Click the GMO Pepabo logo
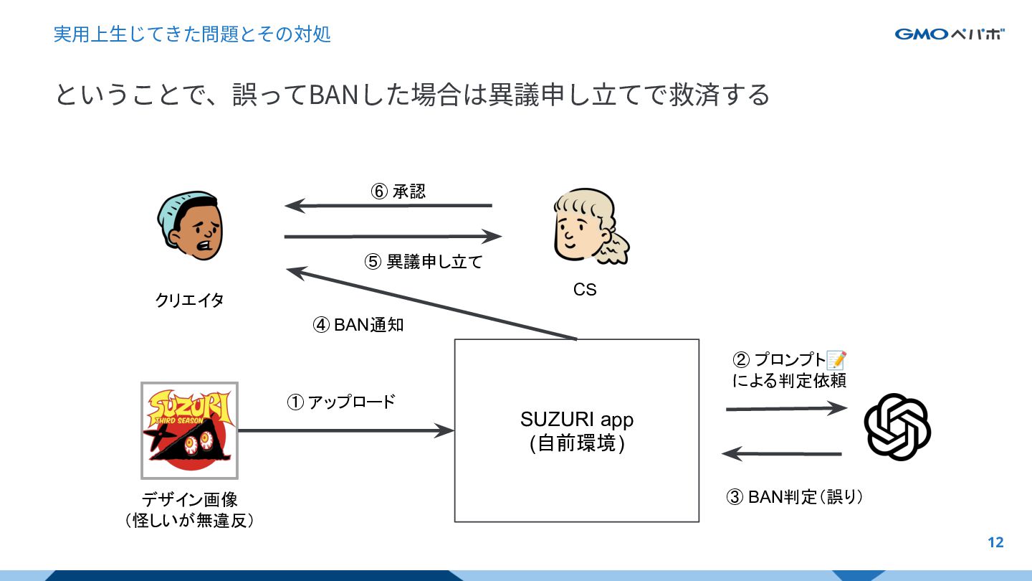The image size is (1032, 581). point(949,34)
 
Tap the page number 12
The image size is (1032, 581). point(995,542)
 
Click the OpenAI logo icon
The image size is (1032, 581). point(897,428)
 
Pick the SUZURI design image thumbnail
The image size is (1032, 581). point(189,430)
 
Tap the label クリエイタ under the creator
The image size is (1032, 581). point(189,300)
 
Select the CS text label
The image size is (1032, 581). point(585,289)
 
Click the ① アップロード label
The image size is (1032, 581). point(341,402)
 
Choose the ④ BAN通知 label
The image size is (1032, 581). point(358,325)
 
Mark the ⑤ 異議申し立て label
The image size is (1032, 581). point(424,262)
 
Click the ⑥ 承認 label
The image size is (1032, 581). point(398,191)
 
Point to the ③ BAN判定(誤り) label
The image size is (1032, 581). point(795,497)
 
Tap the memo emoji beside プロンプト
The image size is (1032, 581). point(836,359)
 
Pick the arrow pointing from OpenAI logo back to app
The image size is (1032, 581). point(781,453)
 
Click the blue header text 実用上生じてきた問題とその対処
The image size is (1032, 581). point(192,34)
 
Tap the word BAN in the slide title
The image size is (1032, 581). point(333,94)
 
